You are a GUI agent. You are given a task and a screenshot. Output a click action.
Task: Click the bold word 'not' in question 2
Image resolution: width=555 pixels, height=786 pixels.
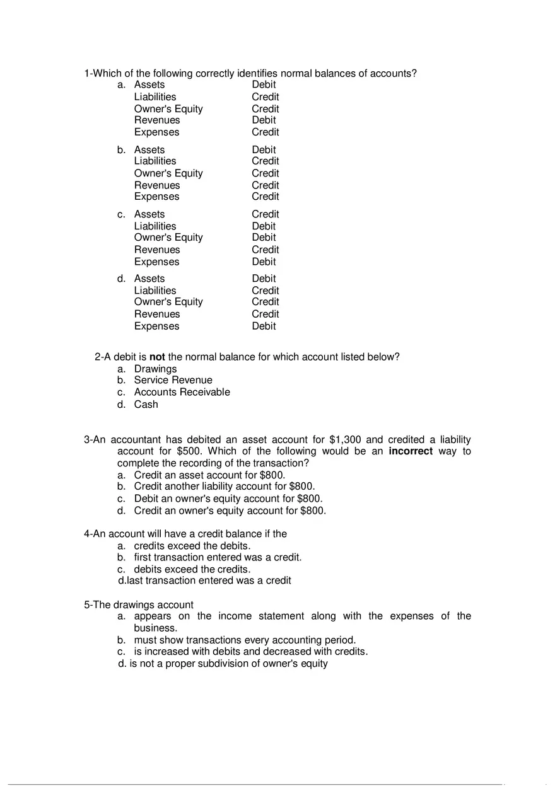[157, 357]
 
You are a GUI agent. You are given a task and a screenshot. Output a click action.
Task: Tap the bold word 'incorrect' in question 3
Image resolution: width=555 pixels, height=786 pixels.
[411, 451]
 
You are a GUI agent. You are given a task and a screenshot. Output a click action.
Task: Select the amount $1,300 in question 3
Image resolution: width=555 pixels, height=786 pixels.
[345, 439]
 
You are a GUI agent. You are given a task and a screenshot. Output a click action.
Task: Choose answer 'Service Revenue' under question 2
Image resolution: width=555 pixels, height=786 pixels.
[173, 380]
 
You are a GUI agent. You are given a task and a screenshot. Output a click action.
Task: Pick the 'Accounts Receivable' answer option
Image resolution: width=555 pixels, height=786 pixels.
[182, 392]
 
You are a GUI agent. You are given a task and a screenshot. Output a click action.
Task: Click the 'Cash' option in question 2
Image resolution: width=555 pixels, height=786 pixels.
[146, 405]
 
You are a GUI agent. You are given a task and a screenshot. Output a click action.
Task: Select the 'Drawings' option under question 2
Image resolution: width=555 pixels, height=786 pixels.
[155, 369]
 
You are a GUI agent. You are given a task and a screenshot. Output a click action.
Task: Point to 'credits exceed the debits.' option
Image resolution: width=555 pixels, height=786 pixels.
[192, 546]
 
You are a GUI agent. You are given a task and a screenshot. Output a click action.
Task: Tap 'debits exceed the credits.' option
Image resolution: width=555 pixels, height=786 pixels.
[192, 569]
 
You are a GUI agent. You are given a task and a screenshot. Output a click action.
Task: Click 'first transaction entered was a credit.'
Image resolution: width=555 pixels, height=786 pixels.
[218, 557]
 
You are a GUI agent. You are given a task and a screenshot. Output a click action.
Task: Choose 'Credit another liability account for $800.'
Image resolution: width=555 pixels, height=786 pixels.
[224, 487]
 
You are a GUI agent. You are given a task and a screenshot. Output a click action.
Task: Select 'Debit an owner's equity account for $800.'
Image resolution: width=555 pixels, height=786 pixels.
[228, 499]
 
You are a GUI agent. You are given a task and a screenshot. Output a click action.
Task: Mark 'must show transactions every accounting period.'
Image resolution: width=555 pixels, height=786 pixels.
[245, 640]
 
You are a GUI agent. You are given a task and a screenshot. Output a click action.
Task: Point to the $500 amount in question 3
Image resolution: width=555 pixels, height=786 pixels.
[189, 451]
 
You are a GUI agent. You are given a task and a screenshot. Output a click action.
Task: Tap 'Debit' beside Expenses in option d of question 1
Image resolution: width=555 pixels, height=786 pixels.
[264, 327]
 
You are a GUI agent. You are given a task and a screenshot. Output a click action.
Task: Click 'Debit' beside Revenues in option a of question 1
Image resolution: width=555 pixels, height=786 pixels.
[264, 120]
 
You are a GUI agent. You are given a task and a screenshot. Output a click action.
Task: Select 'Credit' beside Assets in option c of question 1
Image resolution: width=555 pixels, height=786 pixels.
[265, 214]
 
